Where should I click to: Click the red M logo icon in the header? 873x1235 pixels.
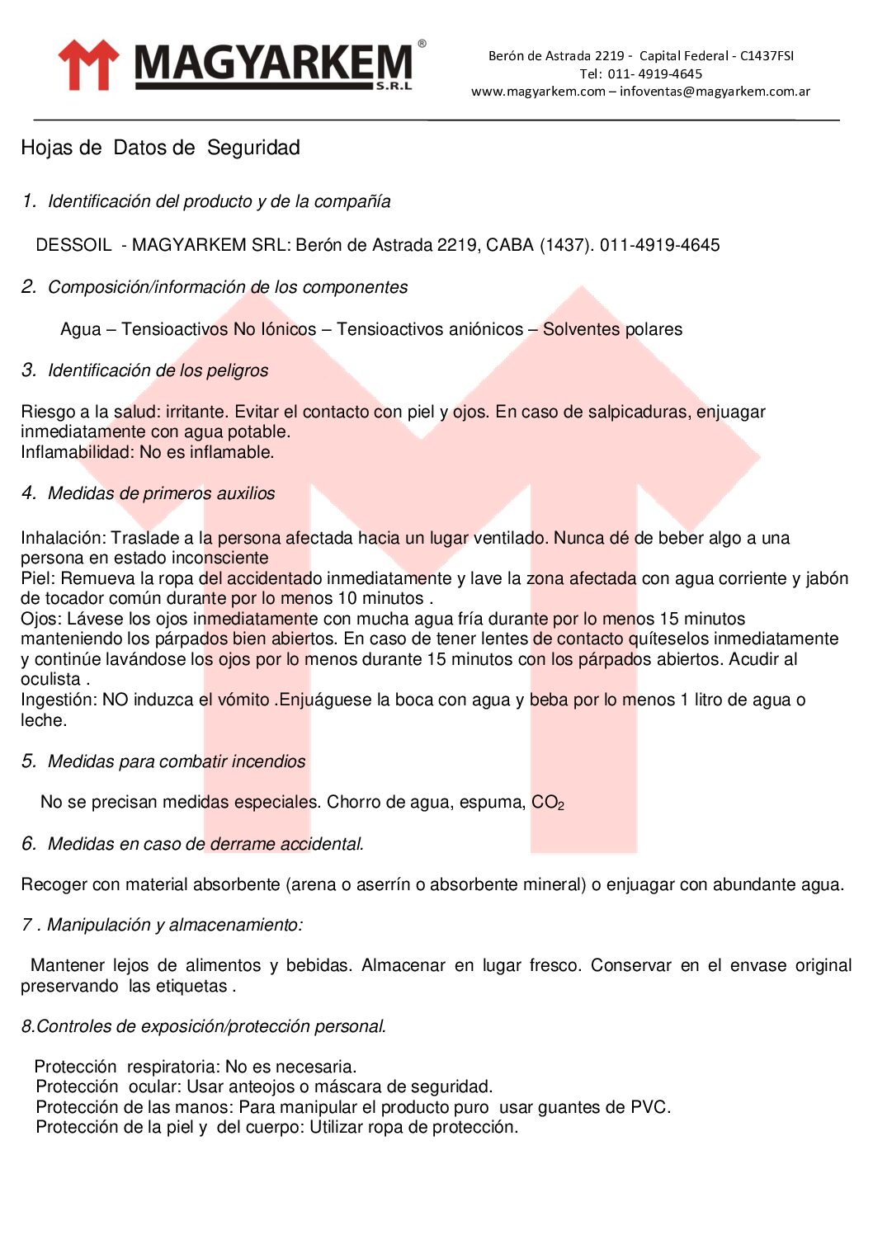(x=87, y=64)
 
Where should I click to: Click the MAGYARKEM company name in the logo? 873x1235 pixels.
(x=273, y=64)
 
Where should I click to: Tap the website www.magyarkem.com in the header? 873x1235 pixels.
(x=538, y=92)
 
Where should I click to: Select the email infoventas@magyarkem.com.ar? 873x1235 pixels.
(x=715, y=92)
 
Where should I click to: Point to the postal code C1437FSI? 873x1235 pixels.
(x=767, y=56)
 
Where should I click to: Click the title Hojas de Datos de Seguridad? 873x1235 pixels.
(x=160, y=148)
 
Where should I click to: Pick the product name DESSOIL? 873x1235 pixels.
(x=73, y=245)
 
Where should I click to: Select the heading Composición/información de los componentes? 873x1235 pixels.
(x=228, y=287)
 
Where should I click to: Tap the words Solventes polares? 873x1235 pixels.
(x=612, y=329)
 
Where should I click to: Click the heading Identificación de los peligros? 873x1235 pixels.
(x=158, y=370)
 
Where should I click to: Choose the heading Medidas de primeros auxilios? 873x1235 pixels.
(x=161, y=493)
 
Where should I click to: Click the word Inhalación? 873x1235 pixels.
(x=64, y=538)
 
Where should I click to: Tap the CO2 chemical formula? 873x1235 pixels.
(x=547, y=802)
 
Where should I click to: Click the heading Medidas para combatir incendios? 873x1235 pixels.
(x=177, y=761)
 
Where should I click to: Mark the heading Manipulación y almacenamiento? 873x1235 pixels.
(x=174, y=925)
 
